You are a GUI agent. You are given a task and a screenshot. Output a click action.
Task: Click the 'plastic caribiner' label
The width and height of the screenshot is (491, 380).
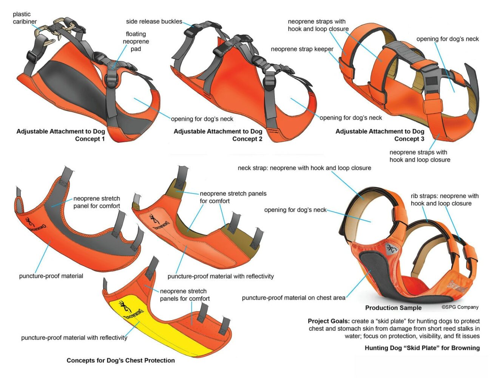(25, 18)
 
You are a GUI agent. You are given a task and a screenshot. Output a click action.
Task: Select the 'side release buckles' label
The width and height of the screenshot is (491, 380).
(154, 22)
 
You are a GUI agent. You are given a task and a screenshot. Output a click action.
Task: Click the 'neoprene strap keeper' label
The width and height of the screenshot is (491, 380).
(302, 49)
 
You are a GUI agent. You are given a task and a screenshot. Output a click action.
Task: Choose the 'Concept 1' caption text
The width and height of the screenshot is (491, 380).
(90, 139)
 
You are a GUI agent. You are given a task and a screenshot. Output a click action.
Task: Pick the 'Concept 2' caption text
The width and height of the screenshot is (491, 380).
(247, 139)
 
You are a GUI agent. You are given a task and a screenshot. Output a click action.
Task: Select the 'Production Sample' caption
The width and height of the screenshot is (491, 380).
(393, 308)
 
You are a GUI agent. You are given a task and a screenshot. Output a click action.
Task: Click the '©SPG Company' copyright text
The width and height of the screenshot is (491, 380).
(460, 307)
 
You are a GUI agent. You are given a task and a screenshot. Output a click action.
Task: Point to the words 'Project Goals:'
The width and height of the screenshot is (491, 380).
(328, 321)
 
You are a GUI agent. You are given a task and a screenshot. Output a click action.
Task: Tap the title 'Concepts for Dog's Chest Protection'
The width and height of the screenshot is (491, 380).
(120, 360)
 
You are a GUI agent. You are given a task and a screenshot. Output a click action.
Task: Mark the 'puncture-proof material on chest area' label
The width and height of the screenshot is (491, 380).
(293, 298)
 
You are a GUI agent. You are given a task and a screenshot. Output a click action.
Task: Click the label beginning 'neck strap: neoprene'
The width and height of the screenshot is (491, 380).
(304, 168)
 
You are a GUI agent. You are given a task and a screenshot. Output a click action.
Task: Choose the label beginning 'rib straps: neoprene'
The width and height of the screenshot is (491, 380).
(445, 200)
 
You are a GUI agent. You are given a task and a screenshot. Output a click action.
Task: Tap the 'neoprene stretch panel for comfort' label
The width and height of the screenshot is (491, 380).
(96, 202)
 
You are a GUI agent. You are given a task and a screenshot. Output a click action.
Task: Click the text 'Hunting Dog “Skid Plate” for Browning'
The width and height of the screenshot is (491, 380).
(422, 348)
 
